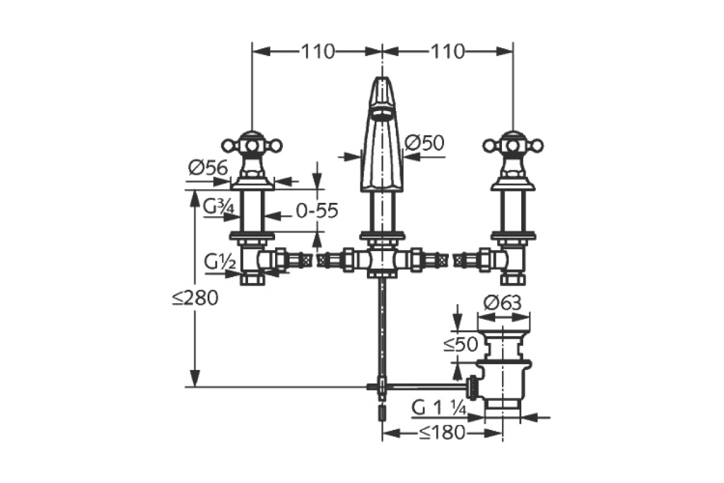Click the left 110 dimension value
click(x=317, y=52)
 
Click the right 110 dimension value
click(x=447, y=52)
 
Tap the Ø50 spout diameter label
click(x=424, y=143)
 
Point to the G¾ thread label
click(x=217, y=208)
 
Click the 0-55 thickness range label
click(x=317, y=211)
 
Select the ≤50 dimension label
click(x=461, y=345)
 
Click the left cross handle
click(x=251, y=145)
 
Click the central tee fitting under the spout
click(x=381, y=260)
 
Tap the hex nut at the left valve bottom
click(x=251, y=279)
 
